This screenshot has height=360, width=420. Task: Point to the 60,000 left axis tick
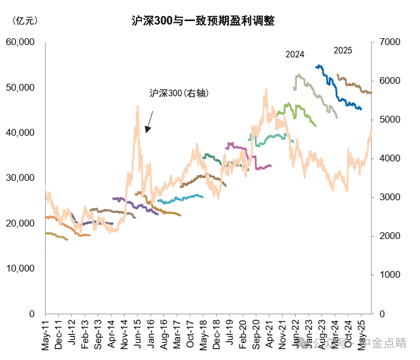coord(20,42)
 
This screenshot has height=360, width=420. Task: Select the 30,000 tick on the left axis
coord(20,178)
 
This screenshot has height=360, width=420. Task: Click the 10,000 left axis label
coord(20,269)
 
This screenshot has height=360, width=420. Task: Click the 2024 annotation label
coord(295,55)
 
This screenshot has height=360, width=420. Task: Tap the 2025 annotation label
coord(342,50)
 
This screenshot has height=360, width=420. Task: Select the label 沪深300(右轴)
coord(179,93)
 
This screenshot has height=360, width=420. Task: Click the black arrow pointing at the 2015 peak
coord(149,122)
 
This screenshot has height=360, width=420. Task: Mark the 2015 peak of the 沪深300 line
coord(137,107)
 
